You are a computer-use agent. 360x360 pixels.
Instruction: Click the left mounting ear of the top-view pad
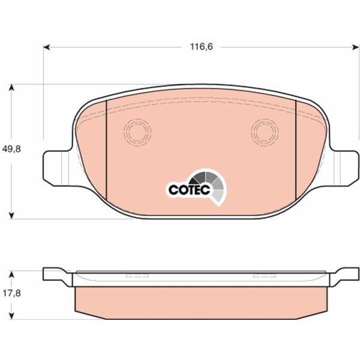[x=57, y=165]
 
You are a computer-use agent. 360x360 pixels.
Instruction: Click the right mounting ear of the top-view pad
[x=345, y=165]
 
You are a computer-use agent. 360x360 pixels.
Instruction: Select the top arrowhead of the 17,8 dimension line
[x=12, y=271]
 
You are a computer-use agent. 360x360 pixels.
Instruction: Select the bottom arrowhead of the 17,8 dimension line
[x=12, y=316]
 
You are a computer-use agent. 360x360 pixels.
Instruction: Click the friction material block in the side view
[x=201, y=300]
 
